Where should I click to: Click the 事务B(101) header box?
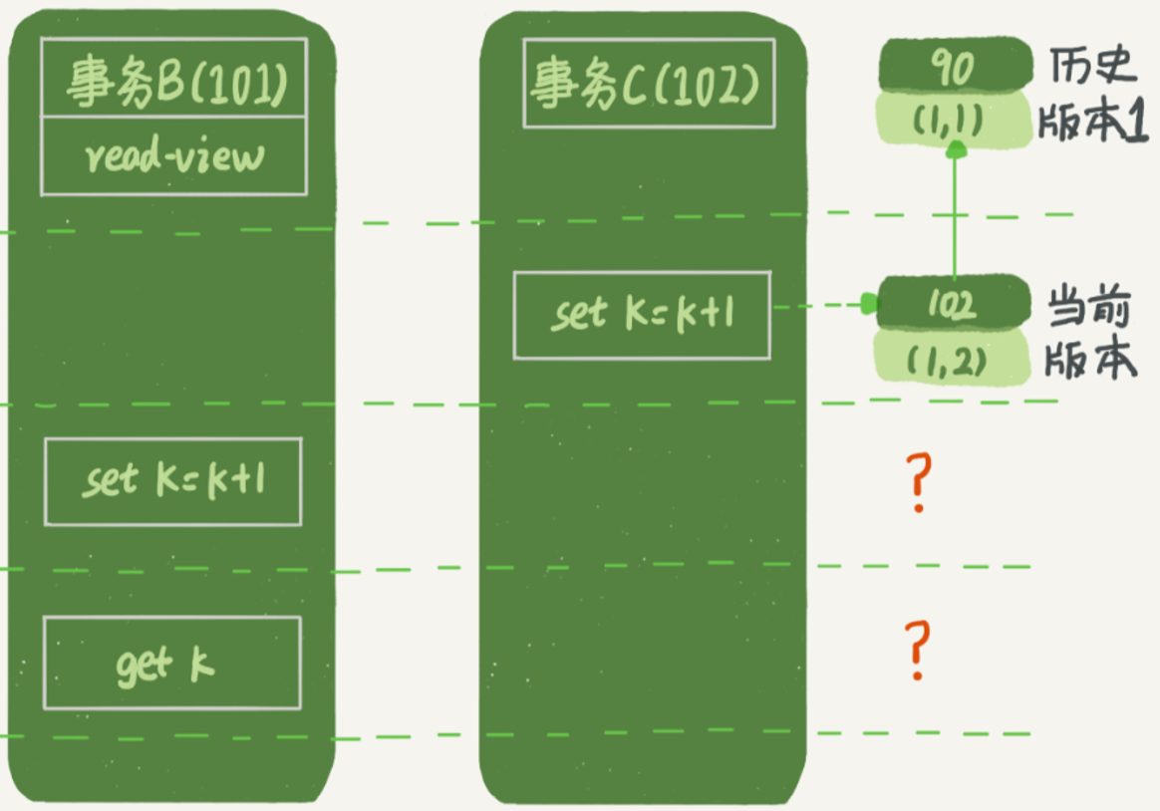tap(173, 78)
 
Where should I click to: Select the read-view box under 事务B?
tap(173, 156)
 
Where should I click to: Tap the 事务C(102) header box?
tap(649, 84)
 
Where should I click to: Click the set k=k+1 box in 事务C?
tap(642, 316)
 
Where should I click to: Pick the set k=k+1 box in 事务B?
tap(173, 482)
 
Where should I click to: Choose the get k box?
tap(172, 664)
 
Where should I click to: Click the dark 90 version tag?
tap(955, 67)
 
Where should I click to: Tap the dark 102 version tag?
tap(953, 303)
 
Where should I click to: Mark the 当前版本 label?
tap(1089, 333)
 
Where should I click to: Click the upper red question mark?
tap(919, 483)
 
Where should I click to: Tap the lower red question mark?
tap(918, 650)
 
